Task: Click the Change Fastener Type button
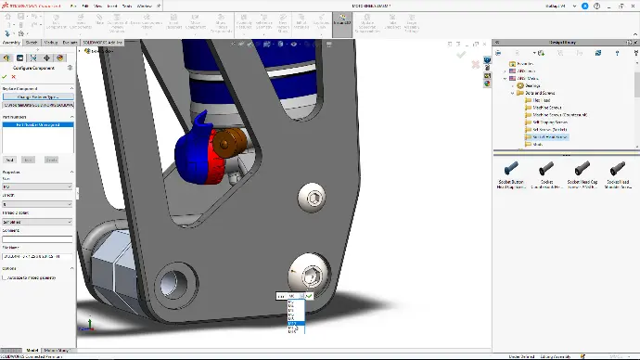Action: click(x=37, y=96)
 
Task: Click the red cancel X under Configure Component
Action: click(x=14, y=77)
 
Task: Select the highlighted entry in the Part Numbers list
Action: click(x=37, y=123)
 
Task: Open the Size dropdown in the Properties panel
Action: click(x=37, y=186)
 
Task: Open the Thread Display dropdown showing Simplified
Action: click(x=37, y=221)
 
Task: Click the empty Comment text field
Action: click(x=37, y=238)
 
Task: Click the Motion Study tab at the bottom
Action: click(x=56, y=350)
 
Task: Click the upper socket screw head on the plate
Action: click(x=313, y=196)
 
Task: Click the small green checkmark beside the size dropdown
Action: click(x=309, y=296)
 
